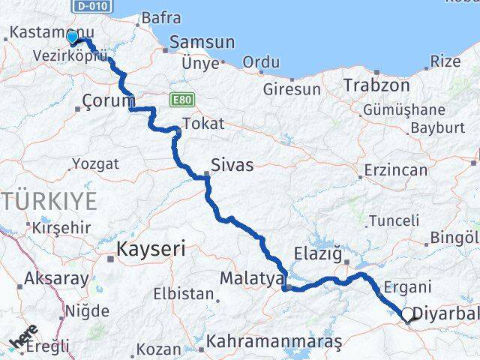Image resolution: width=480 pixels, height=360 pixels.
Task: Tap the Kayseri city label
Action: (151, 249)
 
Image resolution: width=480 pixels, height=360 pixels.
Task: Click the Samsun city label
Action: (197, 43)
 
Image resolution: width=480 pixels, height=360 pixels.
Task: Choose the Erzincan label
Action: (396, 170)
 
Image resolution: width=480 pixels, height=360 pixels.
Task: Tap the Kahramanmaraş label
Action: (274, 342)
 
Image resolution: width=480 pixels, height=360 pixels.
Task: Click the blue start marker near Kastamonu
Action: (72, 37)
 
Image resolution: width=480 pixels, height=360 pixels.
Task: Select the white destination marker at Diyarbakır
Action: (407, 315)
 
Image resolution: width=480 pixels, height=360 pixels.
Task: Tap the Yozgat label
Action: (94, 163)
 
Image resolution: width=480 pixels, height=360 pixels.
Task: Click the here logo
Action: (23, 337)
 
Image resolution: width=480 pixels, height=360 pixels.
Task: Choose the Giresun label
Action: (292, 89)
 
